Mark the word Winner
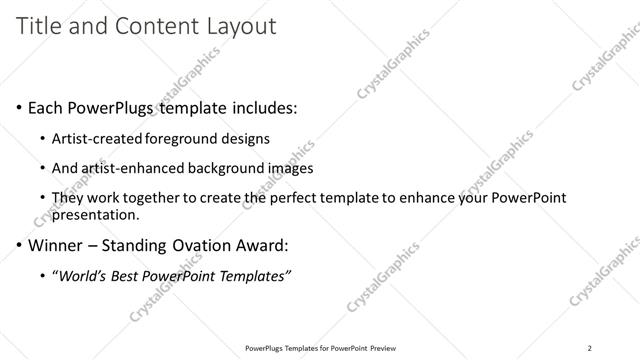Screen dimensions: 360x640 pos(56,244)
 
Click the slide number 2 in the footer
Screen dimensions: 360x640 pos(590,348)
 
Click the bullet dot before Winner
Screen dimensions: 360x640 pos(21,245)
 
